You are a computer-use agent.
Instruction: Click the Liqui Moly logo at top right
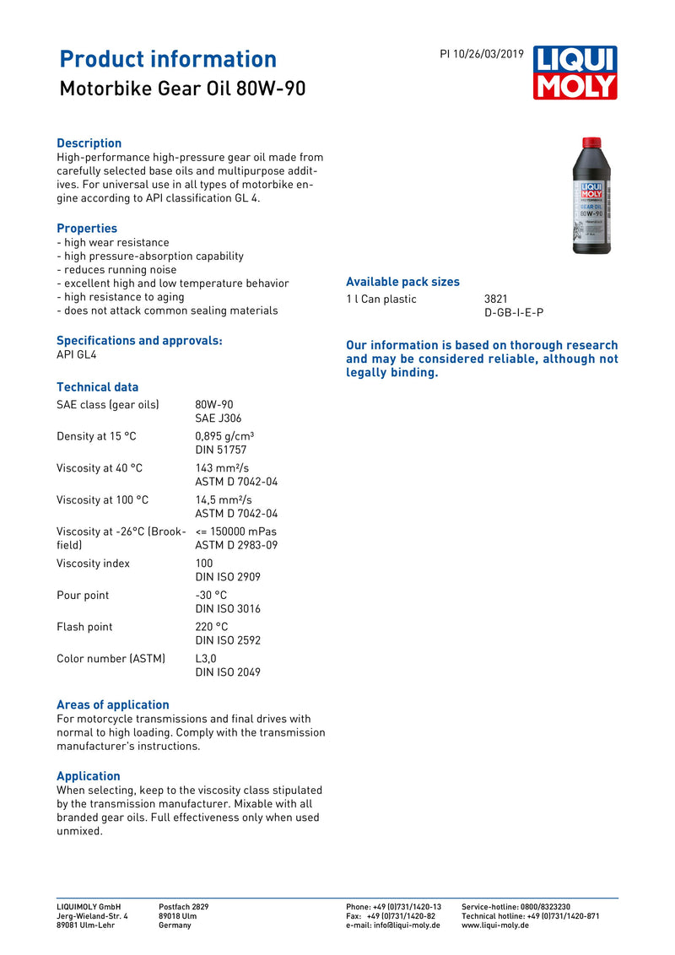575,73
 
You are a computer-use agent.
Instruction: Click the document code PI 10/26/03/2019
482,54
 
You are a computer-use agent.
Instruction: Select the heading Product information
168,59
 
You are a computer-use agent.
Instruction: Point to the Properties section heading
87,229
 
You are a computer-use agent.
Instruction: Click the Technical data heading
97,387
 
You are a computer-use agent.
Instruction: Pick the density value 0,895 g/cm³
224,436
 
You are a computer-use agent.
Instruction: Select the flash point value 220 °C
212,627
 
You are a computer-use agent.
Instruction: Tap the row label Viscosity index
93,564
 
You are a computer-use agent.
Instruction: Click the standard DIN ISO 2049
228,672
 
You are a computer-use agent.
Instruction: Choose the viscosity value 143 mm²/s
222,468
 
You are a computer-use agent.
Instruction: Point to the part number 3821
496,299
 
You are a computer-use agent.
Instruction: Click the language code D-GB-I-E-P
514,313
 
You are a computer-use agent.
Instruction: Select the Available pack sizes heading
402,282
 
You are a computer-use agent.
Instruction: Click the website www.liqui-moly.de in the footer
495,925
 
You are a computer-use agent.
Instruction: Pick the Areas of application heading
112,705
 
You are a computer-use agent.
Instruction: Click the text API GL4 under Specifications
77,355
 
